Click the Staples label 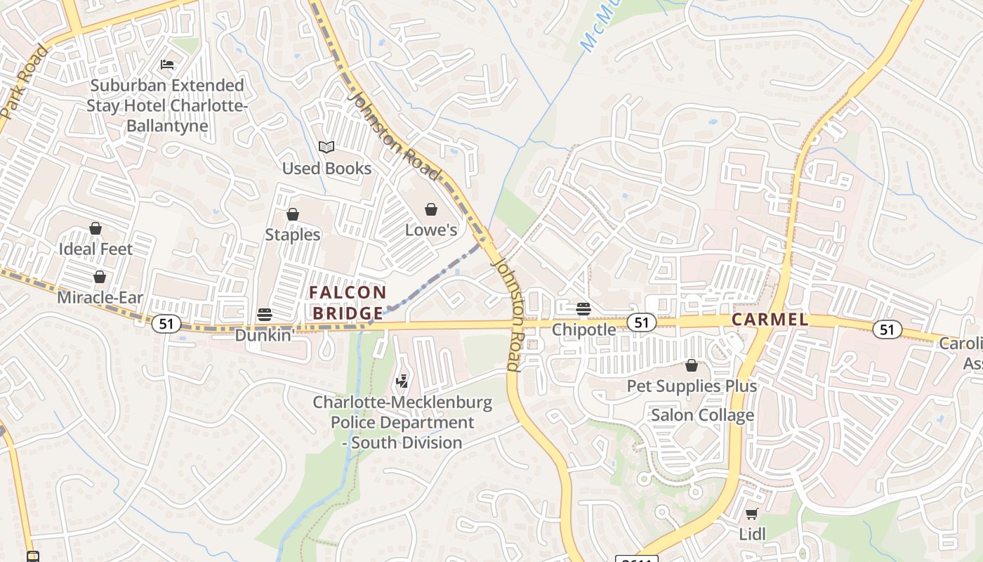pyautogui.click(x=292, y=235)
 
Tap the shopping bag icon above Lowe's pyautogui.click(x=431, y=209)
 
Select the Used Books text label pyautogui.click(x=326, y=169)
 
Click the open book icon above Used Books pyautogui.click(x=326, y=147)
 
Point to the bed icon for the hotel pyautogui.click(x=166, y=65)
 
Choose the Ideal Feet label pyautogui.click(x=95, y=249)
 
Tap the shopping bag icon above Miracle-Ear pyautogui.click(x=100, y=277)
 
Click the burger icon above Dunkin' pyautogui.click(x=264, y=314)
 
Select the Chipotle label pyautogui.click(x=583, y=329)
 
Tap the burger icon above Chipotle pyautogui.click(x=583, y=308)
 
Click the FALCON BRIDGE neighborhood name pyautogui.click(x=348, y=303)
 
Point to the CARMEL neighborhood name pyautogui.click(x=770, y=320)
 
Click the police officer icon pyautogui.click(x=402, y=381)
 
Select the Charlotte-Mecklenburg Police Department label pyautogui.click(x=402, y=423)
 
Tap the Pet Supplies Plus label pyautogui.click(x=692, y=386)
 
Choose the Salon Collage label pyautogui.click(x=702, y=415)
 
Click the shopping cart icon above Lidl pyautogui.click(x=751, y=514)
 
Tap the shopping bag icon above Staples pyautogui.click(x=292, y=214)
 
